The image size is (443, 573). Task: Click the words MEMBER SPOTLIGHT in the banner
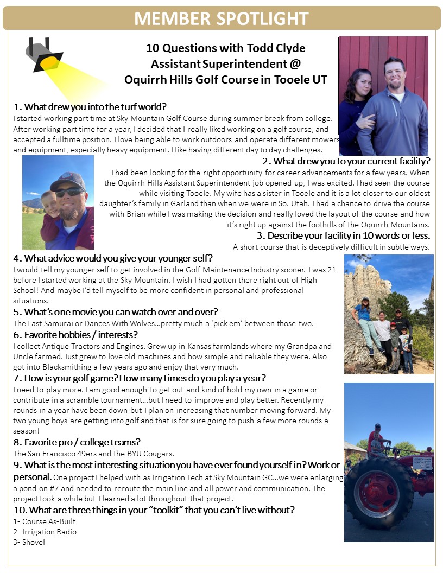[x=221, y=18]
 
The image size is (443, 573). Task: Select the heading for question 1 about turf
[x=90, y=106]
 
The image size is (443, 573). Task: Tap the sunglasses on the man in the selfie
[x=69, y=192]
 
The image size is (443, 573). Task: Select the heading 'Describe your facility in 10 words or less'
[x=343, y=235]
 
